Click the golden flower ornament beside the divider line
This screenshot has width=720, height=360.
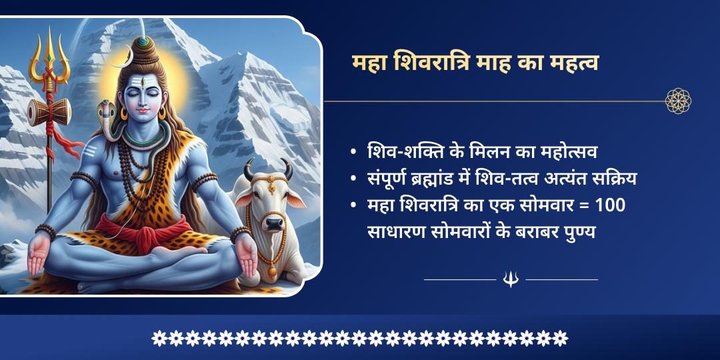pos(678,101)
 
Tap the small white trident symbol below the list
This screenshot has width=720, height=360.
pos(511,279)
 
